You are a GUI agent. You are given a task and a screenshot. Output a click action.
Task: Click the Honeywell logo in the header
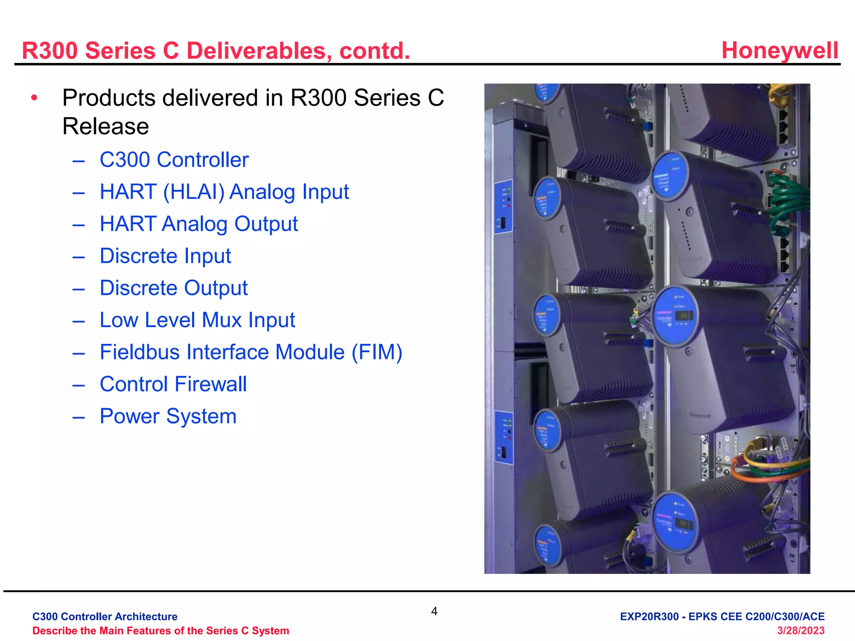(779, 50)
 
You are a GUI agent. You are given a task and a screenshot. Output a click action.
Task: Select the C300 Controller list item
(174, 160)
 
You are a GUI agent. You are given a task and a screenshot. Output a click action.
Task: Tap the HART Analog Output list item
(199, 224)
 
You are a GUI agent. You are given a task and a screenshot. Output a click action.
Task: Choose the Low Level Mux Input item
(197, 320)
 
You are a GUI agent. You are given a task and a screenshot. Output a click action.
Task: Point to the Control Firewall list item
(173, 384)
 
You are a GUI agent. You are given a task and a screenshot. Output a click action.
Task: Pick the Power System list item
(168, 416)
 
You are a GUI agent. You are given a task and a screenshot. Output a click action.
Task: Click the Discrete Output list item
(174, 288)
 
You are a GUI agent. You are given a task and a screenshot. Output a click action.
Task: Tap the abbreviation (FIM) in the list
(377, 352)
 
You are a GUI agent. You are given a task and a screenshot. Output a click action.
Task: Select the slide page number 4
(434, 611)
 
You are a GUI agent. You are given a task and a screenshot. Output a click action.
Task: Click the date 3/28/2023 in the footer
(800, 631)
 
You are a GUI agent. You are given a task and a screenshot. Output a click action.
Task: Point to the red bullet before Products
(34, 98)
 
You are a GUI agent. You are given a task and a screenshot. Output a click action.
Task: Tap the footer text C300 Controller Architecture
(105, 616)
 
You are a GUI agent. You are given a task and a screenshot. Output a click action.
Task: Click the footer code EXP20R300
(649, 616)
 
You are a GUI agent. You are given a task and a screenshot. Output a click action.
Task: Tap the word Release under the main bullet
(106, 126)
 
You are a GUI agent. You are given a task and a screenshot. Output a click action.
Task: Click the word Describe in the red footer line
(53, 631)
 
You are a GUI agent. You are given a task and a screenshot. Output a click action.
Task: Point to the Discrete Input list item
(165, 256)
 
